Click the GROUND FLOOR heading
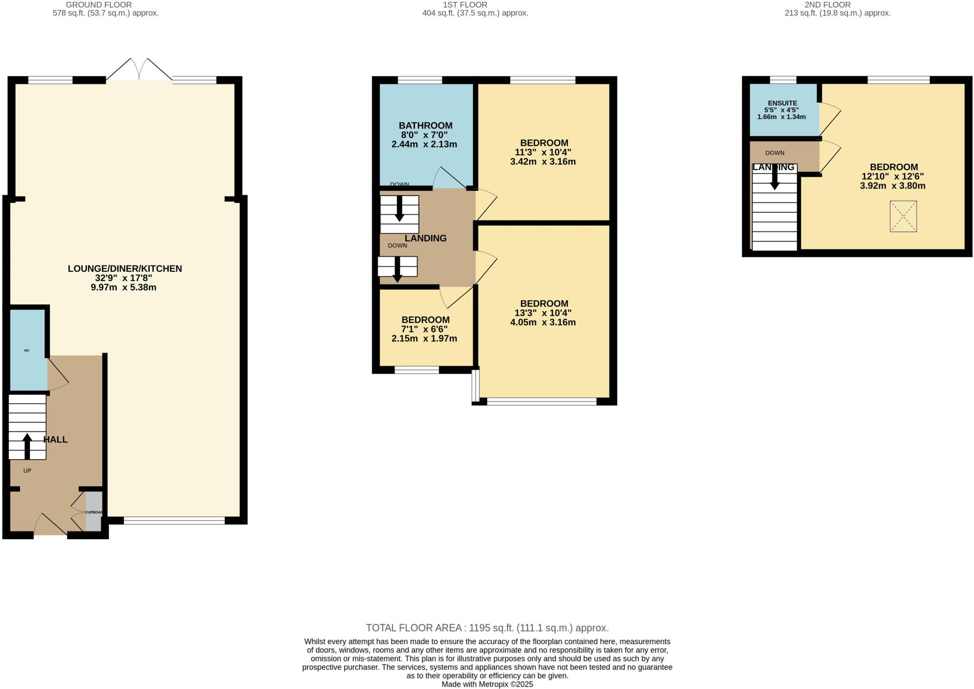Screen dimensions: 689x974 point(98,5)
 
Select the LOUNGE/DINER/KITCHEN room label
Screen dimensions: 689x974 point(125,268)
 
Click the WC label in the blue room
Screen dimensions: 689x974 point(27,350)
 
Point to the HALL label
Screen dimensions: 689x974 point(56,439)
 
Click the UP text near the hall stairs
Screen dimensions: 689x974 point(27,471)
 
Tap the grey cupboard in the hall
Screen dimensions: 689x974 point(94,512)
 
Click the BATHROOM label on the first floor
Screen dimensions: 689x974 point(425,126)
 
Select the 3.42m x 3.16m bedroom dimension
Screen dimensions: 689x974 point(543,162)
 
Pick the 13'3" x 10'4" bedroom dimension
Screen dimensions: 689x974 point(543,313)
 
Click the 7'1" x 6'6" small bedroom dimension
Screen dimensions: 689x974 point(424,329)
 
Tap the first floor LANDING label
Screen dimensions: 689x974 point(425,238)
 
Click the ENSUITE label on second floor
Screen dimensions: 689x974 point(782,103)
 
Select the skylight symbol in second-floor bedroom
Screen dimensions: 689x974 point(903,217)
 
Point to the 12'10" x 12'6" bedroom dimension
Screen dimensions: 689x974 point(892,177)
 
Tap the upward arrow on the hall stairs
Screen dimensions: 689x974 point(27,446)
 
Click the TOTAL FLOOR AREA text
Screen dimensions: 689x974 point(487,628)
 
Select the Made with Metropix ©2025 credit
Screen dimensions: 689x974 point(487,684)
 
